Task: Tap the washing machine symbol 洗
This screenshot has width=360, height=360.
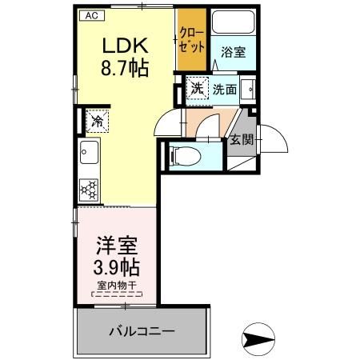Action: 197,88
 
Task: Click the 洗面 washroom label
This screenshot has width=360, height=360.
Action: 224,90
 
